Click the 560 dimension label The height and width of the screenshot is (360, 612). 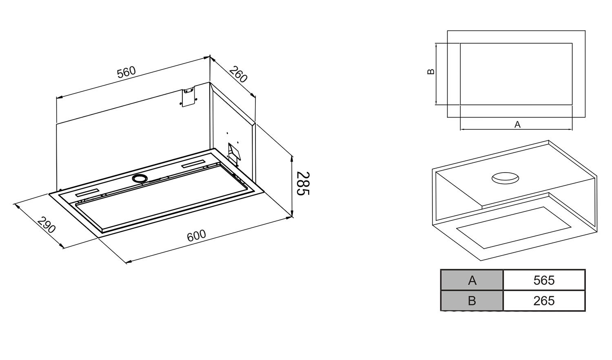(126, 72)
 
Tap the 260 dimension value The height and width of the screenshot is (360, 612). (238, 74)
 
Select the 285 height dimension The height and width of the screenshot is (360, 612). (303, 183)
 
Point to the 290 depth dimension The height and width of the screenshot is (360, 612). (46, 224)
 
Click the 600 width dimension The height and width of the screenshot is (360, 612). (196, 236)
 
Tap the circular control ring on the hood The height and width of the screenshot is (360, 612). (140, 178)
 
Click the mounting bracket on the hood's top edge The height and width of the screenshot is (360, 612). (188, 97)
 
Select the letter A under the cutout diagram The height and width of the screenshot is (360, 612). (517, 124)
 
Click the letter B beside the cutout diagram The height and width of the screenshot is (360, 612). (431, 71)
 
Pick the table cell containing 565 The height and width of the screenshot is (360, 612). (544, 280)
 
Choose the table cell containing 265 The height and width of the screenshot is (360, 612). (544, 301)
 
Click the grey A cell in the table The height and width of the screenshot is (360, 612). (472, 280)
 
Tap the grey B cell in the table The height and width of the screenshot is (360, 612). (472, 301)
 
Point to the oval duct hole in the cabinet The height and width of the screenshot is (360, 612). (505, 178)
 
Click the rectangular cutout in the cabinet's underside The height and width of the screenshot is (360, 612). (513, 228)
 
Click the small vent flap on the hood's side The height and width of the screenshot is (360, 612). (234, 153)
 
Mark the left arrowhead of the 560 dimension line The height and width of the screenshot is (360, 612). (59, 97)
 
